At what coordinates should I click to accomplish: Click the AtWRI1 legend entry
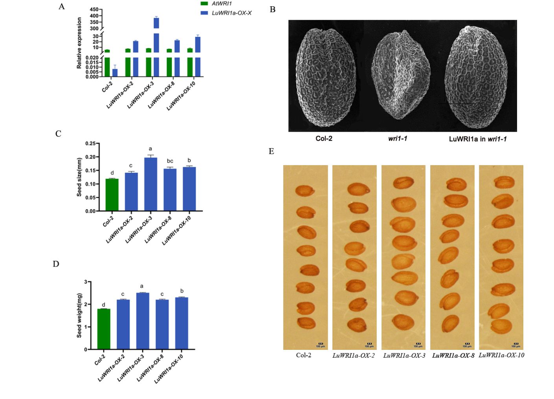pos(222,4)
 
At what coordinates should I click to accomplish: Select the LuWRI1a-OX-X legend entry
pos(231,13)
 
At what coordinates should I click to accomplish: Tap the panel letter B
pos(272,9)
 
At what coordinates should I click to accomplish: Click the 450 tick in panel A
pos(94,9)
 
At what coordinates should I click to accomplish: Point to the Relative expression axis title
pos(79,43)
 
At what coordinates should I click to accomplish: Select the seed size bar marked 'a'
pos(150,184)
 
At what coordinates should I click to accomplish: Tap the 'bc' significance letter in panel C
pos(170,161)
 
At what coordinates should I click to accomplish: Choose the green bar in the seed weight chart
pos(104,329)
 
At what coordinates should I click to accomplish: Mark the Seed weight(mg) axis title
pos(79,315)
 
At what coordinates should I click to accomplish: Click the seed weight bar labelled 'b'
pos(182,323)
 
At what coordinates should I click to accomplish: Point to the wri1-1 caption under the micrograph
pos(397,138)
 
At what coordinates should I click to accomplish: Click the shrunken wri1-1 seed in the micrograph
pos(400,75)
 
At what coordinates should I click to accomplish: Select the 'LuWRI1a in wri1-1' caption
pos(477,139)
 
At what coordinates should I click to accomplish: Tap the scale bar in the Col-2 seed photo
pos(320,344)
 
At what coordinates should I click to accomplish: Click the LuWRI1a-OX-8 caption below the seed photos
pos(453,355)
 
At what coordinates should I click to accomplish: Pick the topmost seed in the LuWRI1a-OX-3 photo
pos(404,183)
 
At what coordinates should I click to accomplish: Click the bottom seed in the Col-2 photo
pos(306,323)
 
